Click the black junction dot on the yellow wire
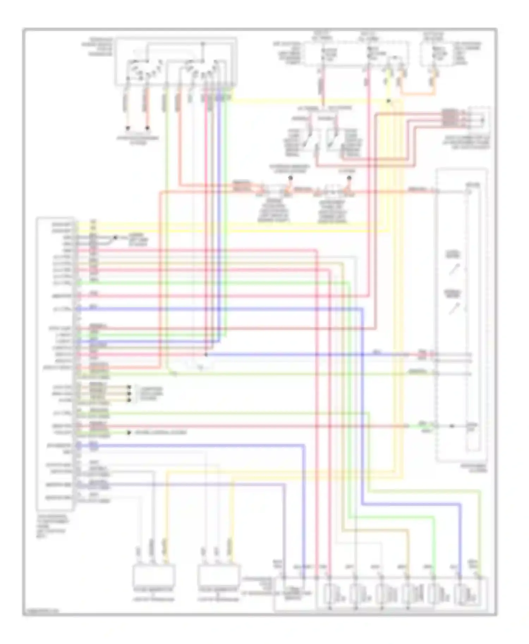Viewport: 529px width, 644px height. tap(388, 101)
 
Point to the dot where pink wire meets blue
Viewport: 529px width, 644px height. tap(206, 354)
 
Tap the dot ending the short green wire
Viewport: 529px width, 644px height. tap(129, 432)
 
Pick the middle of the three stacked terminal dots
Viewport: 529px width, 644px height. tap(129, 393)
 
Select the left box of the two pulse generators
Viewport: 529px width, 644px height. tap(154, 575)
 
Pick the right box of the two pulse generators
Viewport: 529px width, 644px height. tap(219, 575)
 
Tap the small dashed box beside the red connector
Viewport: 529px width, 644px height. tap(479, 119)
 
